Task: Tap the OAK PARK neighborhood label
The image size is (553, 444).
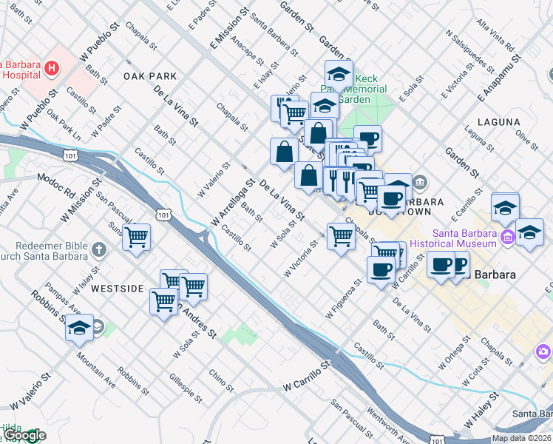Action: click(x=150, y=76)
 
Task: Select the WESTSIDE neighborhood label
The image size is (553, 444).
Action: click(x=117, y=288)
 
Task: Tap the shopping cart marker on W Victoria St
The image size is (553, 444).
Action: click(x=340, y=237)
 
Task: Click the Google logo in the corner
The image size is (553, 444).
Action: click(x=24, y=436)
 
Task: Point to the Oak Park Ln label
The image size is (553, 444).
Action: click(x=64, y=125)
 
